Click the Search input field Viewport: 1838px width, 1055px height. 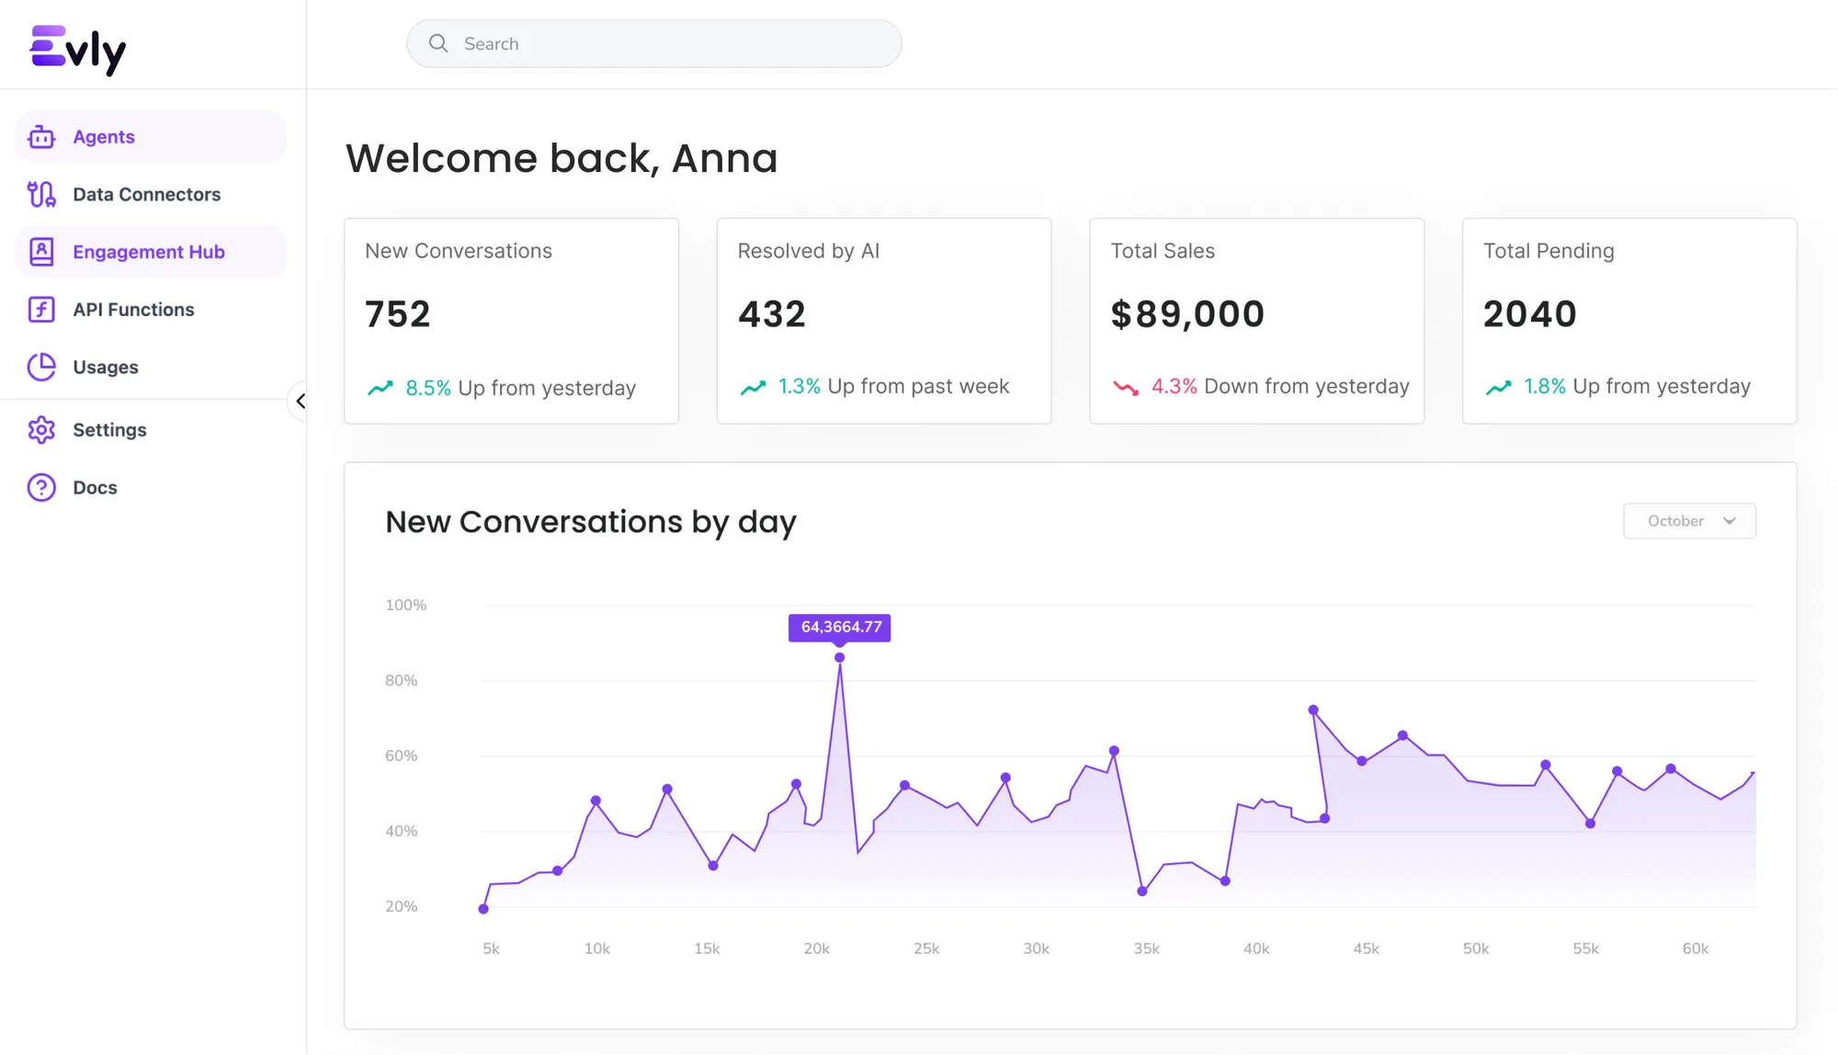(x=654, y=44)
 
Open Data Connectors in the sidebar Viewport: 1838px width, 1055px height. (x=146, y=195)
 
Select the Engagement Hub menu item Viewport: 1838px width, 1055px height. (x=148, y=252)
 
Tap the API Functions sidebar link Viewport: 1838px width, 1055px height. (x=133, y=310)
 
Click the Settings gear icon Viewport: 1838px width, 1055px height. (x=41, y=430)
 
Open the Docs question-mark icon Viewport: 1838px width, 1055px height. (x=41, y=488)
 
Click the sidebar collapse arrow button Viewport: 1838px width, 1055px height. (x=300, y=402)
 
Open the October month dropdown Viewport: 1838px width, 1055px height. (x=1689, y=521)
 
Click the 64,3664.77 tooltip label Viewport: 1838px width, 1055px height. (x=840, y=627)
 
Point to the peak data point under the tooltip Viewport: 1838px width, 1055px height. (x=839, y=658)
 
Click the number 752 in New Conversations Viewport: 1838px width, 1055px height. (x=398, y=314)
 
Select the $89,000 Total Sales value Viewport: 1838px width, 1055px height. (x=1187, y=314)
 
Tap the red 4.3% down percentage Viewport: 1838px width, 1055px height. (x=1174, y=387)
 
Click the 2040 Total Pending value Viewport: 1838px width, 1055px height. (x=1529, y=314)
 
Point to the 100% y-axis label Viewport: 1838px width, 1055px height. (x=405, y=606)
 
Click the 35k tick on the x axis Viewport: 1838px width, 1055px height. (x=1146, y=948)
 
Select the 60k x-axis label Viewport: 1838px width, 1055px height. (x=1695, y=948)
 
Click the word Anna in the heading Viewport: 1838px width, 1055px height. (x=724, y=158)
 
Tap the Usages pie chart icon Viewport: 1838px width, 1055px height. (x=41, y=368)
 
